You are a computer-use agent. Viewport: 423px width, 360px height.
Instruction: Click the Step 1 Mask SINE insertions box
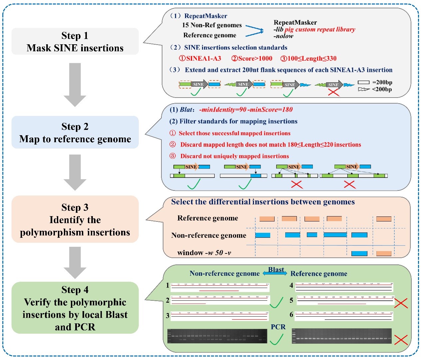click(x=75, y=42)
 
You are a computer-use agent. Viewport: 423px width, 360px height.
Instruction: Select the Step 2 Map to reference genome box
click(x=75, y=133)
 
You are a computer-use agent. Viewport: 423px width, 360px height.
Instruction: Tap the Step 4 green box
click(x=75, y=308)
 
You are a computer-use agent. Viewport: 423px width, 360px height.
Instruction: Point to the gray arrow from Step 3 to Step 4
click(x=75, y=262)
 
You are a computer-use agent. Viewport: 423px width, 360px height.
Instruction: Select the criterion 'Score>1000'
click(x=252, y=59)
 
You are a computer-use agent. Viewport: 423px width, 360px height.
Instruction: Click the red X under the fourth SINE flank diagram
click(x=333, y=92)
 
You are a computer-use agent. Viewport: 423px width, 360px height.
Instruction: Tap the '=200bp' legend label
click(x=382, y=82)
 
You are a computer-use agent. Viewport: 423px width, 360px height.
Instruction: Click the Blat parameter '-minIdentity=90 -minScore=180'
click(x=246, y=110)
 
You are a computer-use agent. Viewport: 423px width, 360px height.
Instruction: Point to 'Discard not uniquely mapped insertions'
click(x=234, y=156)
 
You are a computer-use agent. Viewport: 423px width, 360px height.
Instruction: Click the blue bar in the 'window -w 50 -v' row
click(x=359, y=253)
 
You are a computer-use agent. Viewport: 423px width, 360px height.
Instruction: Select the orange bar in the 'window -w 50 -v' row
click(x=384, y=253)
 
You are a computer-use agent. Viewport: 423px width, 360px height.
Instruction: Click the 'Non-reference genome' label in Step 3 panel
click(x=209, y=235)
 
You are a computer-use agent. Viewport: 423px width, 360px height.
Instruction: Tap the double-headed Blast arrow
click(x=275, y=273)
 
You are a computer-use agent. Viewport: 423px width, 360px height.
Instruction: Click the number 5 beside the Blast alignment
click(x=291, y=301)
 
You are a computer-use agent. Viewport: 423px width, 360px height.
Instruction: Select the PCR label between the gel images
click(x=278, y=327)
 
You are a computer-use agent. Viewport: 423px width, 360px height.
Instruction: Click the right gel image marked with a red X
click(x=341, y=336)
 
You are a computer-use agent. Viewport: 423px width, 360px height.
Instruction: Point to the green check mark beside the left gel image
click(x=276, y=340)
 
